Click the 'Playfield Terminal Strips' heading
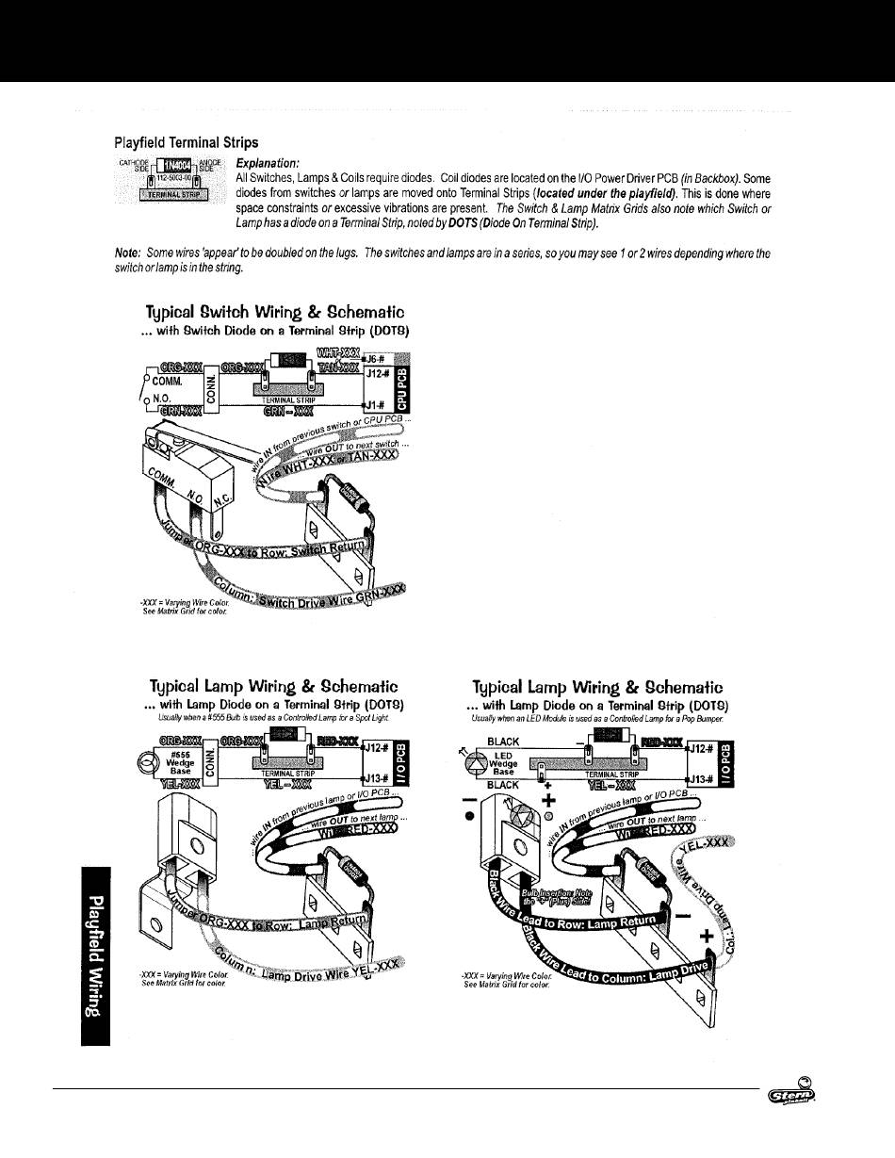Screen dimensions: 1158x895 186,143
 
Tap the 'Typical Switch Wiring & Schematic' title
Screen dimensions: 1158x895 275,312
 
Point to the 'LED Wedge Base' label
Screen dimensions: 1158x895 505,764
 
